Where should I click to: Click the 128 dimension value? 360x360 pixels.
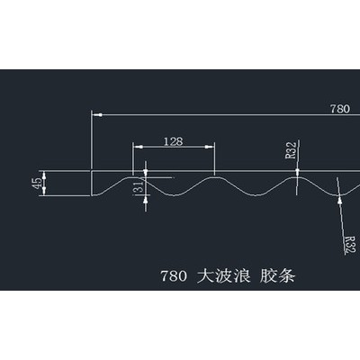pyautogui.click(x=174, y=141)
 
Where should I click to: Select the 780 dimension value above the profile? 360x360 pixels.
pyautogui.click(x=340, y=109)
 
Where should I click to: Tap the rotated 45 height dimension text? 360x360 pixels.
pyautogui.click(x=38, y=184)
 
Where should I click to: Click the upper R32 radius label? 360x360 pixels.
pyautogui.click(x=291, y=150)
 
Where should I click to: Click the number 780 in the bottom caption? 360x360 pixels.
pyautogui.click(x=174, y=276)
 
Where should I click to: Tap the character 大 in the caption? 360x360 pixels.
pyautogui.click(x=205, y=275)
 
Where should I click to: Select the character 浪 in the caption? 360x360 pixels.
pyautogui.click(x=242, y=275)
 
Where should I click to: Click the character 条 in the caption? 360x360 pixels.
pyautogui.click(x=287, y=275)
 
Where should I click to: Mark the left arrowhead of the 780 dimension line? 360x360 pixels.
pyautogui.click(x=97, y=114)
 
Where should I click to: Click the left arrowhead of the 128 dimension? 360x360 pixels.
pyautogui.click(x=138, y=147)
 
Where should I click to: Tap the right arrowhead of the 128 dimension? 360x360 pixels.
pyautogui.click(x=210, y=147)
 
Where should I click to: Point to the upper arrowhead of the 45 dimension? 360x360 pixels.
pyautogui.click(x=44, y=175)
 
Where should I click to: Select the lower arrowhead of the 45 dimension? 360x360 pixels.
pyautogui.click(x=44, y=191)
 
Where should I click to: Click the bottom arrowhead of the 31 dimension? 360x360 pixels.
pyautogui.click(x=146, y=200)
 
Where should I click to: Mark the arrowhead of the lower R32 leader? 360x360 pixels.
pyautogui.click(x=340, y=200)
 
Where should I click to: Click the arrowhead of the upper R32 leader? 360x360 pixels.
pyautogui.click(x=297, y=172)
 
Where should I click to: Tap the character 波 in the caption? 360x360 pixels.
pyautogui.click(x=224, y=275)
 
